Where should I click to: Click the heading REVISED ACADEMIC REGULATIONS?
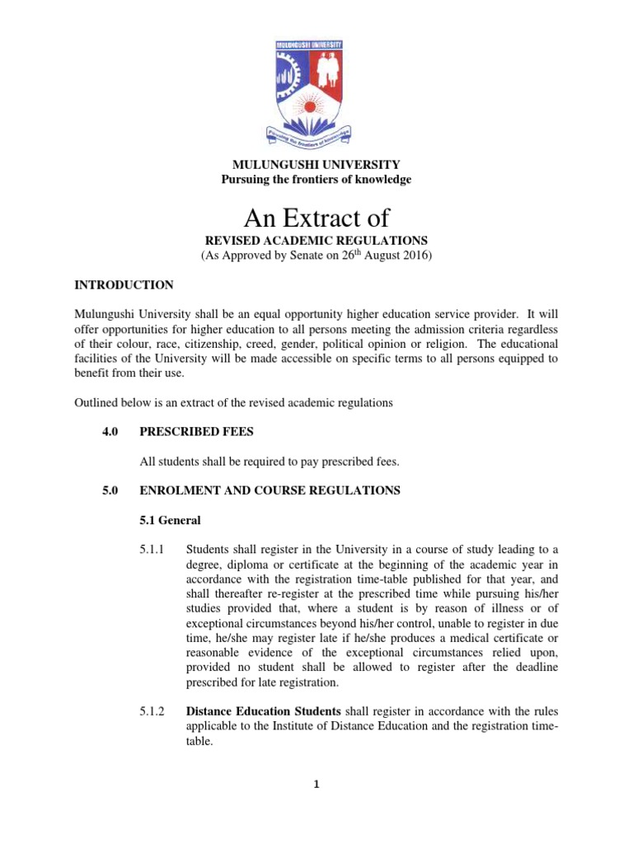click(x=316, y=241)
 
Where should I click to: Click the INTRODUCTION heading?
click(x=124, y=285)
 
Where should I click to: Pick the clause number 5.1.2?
click(x=152, y=710)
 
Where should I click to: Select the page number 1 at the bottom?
click(x=316, y=784)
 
